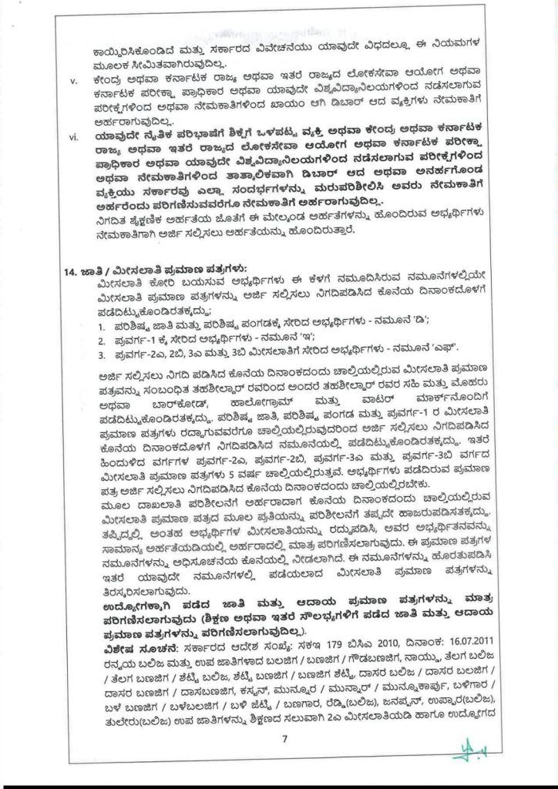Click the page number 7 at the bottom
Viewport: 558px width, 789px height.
284,739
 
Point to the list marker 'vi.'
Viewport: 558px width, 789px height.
74,138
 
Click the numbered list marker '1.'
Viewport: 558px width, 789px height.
101,327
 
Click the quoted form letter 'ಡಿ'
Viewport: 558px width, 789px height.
414,327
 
